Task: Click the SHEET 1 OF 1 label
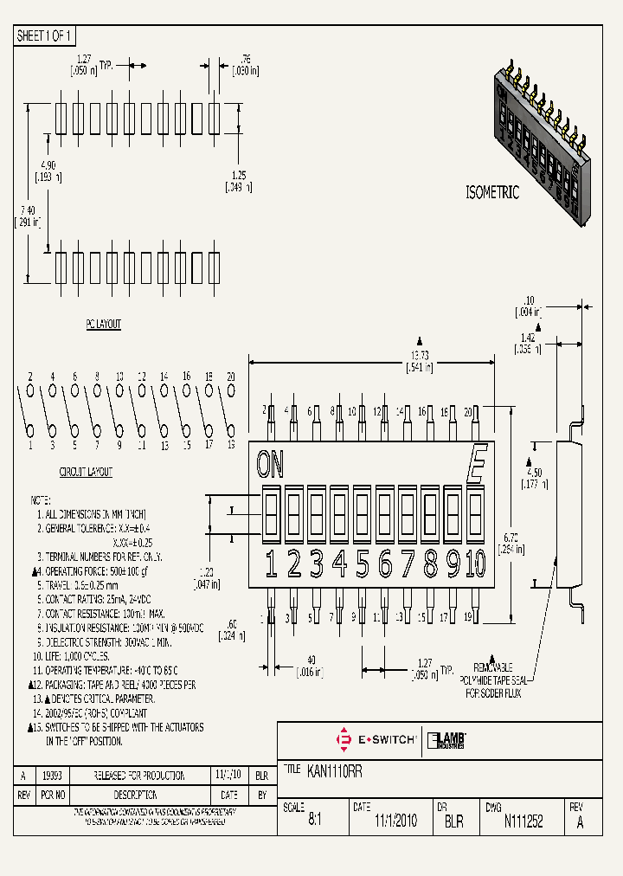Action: (46, 35)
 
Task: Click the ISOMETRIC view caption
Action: (492, 193)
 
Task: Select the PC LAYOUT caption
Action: (103, 325)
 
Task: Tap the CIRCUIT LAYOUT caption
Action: (86, 473)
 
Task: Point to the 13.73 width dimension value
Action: (420, 355)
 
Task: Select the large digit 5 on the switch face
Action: (363, 564)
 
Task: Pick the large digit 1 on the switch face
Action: (271, 564)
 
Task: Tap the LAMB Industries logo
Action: (447, 740)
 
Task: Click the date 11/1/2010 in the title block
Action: (395, 821)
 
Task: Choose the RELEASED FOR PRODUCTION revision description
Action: (141, 776)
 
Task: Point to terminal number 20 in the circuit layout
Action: (231, 377)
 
